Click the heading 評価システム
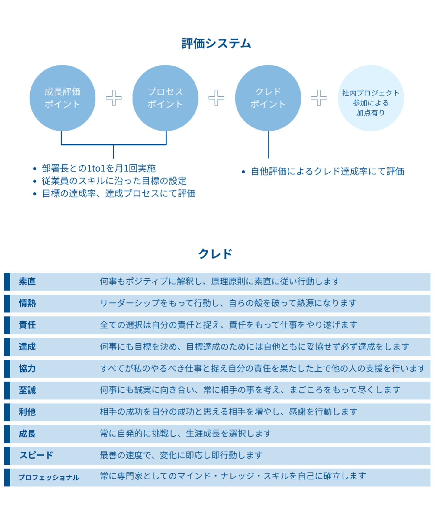pos(216,44)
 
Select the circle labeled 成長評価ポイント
pos(63,98)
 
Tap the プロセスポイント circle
pos(165,98)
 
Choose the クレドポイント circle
pos(268,98)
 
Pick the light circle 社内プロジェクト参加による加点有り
pos(371,98)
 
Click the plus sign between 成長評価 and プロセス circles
pos(114,98)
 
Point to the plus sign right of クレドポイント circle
pos(319,98)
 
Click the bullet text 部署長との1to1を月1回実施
pos(98,168)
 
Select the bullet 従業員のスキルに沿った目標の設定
pos(114,181)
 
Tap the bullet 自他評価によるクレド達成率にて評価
pos(327,172)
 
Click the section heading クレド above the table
pos(215,254)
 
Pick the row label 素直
pos(27,282)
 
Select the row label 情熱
pos(27,303)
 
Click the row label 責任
pos(27,325)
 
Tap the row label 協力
pos(27,369)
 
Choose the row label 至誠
pos(27,390)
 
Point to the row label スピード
pos(36,455)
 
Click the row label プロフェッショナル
pos(49,478)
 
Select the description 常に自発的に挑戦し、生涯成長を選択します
pos(185,434)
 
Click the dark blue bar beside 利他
pos(7,412)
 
